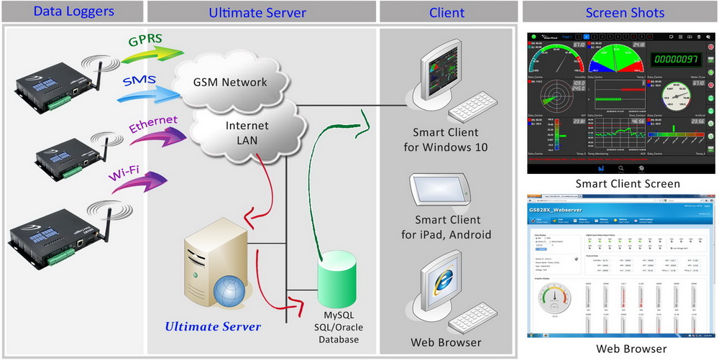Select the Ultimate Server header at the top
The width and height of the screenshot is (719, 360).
click(x=257, y=11)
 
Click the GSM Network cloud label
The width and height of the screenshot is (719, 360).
click(x=229, y=81)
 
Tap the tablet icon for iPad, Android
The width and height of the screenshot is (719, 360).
click(x=441, y=190)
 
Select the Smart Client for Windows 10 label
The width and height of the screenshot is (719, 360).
click(x=450, y=139)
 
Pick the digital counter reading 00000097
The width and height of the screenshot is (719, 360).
click(x=678, y=59)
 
